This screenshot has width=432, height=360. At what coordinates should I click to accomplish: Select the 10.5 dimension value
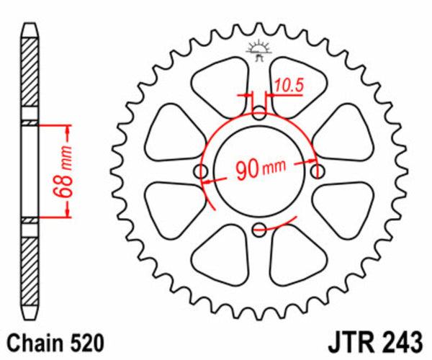(x=289, y=86)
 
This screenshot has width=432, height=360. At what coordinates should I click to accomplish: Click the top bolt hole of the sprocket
(x=260, y=112)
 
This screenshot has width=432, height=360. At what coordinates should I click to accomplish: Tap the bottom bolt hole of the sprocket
(x=260, y=230)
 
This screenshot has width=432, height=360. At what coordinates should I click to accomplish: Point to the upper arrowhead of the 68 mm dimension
(x=68, y=130)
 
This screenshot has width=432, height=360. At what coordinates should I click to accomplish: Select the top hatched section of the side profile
(x=30, y=76)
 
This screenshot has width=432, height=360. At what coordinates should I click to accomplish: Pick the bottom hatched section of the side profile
(x=30, y=270)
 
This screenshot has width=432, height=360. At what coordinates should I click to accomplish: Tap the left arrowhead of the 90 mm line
(x=207, y=182)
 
